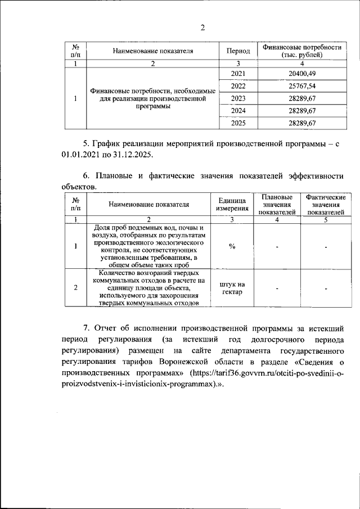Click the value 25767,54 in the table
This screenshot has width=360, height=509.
303,86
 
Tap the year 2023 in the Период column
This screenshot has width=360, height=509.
238,98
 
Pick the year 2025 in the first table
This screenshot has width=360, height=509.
238,123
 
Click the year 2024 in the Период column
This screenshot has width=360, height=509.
238,110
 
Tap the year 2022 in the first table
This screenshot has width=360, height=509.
238,86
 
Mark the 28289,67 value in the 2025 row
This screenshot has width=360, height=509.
303,123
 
